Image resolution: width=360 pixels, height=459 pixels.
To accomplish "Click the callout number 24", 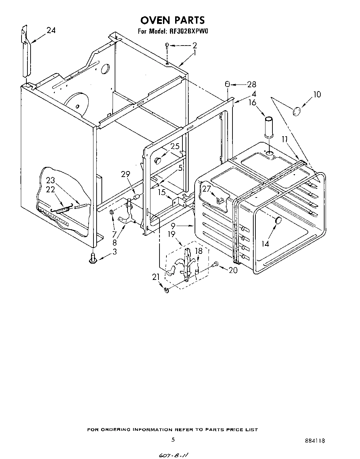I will (51, 31).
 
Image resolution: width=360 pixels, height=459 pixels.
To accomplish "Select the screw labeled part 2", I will (167, 45).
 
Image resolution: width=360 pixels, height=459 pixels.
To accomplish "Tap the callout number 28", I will (251, 84).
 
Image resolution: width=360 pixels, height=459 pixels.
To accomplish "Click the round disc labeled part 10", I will (296, 111).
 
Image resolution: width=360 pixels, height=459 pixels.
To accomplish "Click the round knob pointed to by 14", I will (278, 220).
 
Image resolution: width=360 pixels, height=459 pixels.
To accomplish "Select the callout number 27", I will (206, 189).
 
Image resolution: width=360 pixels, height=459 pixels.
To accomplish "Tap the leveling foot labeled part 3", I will (93, 258).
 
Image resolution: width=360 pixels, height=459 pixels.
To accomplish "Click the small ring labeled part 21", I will (166, 290).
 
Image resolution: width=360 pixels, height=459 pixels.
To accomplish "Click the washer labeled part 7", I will (112, 212).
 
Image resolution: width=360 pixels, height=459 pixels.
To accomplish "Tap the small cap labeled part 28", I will (227, 84).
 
